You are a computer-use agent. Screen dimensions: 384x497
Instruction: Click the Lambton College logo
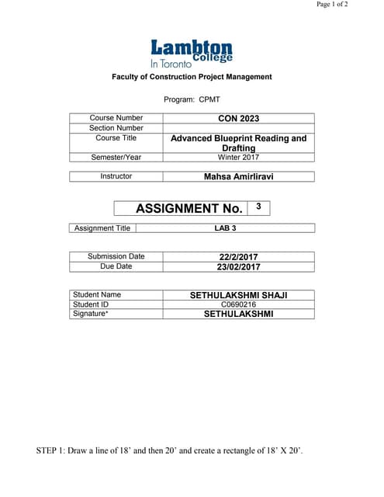(191, 53)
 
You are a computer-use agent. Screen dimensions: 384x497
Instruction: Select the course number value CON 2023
(238, 119)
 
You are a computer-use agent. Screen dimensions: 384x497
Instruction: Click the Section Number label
(116, 128)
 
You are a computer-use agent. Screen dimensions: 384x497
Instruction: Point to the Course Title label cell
(116, 138)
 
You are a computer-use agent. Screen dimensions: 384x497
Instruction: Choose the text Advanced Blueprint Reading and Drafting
(238, 143)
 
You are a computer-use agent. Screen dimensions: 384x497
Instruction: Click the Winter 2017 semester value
(238, 157)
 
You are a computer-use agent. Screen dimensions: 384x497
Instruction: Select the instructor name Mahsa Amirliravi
(238, 177)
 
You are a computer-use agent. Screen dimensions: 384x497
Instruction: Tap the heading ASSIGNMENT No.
(189, 208)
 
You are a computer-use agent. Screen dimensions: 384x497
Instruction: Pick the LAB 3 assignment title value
(225, 228)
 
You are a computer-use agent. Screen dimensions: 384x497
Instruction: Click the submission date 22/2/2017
(238, 257)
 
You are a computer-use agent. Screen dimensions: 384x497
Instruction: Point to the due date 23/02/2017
(238, 267)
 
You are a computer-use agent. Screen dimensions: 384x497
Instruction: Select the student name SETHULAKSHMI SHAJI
(238, 295)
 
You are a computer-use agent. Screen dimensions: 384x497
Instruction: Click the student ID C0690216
(238, 305)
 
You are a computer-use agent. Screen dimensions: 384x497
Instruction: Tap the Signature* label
(91, 315)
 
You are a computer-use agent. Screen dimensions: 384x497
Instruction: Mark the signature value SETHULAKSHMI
(238, 315)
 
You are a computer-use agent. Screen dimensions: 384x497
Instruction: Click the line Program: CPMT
(192, 99)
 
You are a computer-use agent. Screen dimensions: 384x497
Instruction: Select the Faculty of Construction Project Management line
(192, 77)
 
